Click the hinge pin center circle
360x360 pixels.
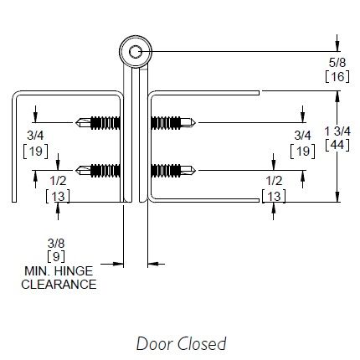click(136, 52)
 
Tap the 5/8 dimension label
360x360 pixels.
click(337, 63)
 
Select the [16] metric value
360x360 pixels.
click(337, 76)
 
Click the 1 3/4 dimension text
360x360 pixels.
click(337, 131)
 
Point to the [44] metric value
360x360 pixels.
click(337, 145)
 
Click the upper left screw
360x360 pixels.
click(98, 122)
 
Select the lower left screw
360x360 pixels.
click(98, 170)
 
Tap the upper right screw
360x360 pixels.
click(173, 122)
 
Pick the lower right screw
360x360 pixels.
click(173, 170)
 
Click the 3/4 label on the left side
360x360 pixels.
click(35, 136)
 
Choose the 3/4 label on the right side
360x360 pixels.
click(303, 136)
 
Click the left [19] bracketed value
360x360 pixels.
click(35, 152)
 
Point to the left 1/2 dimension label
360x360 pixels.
click(58, 181)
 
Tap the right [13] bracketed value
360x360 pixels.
click(274, 196)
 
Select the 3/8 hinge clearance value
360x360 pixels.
click(56, 244)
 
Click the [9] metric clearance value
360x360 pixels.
click(56, 256)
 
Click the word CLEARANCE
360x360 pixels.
click(59, 285)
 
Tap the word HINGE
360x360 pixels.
click(74, 271)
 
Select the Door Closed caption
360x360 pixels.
click(182, 343)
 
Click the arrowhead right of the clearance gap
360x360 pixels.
click(152, 264)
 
